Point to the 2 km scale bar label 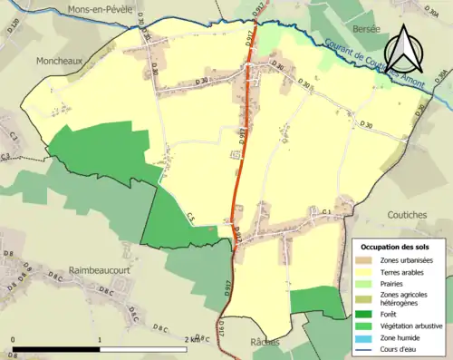coord(195,339)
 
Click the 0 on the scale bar coord(14,339)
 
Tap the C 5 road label coord(193,217)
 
